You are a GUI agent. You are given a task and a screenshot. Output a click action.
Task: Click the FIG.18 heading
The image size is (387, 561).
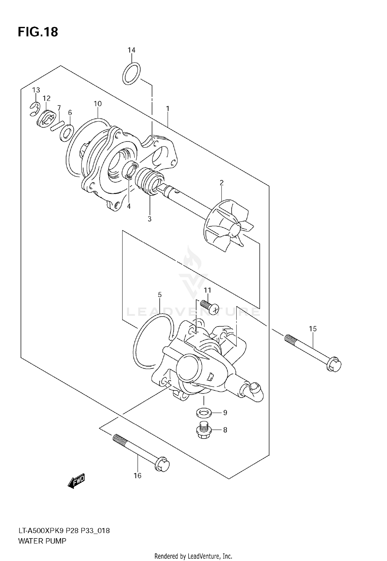pyautogui.click(x=38, y=32)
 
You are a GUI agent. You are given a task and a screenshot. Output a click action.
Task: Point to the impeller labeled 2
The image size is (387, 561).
pyautogui.click(x=227, y=225)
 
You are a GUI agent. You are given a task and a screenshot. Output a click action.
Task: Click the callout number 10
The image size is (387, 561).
pyautogui.click(x=98, y=104)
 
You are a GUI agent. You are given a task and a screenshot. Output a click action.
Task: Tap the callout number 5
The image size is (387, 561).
pyautogui.click(x=160, y=295)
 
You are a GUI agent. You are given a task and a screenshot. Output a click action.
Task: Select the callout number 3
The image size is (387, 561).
pyautogui.click(x=150, y=219)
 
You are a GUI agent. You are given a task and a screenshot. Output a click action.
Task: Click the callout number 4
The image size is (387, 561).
pyautogui.click(x=128, y=206)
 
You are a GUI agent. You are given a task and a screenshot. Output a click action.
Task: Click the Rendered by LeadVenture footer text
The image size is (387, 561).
pyautogui.click(x=193, y=556)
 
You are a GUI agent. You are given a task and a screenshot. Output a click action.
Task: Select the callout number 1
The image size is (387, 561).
pyautogui.click(x=168, y=109)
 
